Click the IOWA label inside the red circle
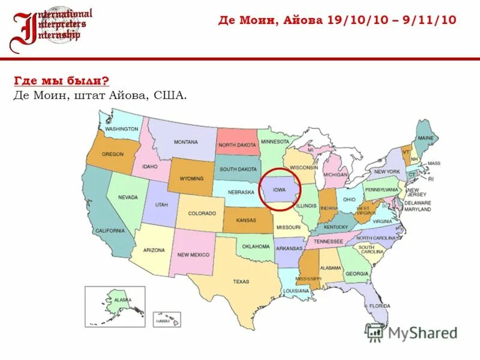(x=279, y=190)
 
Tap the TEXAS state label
(x=241, y=281)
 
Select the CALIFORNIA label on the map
(x=110, y=231)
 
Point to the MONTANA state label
(x=186, y=142)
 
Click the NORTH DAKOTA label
(x=237, y=145)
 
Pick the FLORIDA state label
(x=380, y=306)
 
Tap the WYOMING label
(x=191, y=179)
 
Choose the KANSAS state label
(x=246, y=220)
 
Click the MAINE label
(x=425, y=138)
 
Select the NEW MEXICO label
(x=193, y=255)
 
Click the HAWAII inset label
(x=163, y=322)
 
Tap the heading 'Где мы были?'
(x=61, y=80)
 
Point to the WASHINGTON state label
(x=121, y=129)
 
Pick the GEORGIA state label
(x=356, y=274)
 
